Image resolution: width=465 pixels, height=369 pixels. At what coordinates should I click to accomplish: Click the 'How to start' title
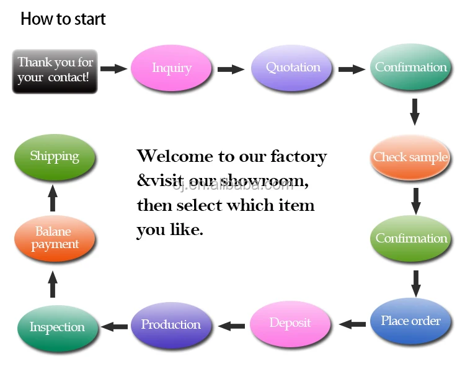[x=63, y=19]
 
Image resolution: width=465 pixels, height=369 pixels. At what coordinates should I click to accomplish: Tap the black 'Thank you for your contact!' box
[x=55, y=71]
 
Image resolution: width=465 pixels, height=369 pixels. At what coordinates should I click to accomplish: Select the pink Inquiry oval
[x=171, y=68]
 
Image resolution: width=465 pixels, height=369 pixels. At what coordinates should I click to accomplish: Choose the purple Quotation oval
[x=293, y=68]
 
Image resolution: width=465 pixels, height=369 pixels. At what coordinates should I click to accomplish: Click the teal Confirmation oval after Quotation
[x=410, y=68]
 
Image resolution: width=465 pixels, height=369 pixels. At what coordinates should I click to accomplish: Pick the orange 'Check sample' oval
[x=410, y=157]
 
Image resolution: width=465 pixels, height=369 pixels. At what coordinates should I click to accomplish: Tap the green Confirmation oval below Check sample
[x=410, y=238]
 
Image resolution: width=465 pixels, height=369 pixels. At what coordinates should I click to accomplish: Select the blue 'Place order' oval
[x=410, y=321]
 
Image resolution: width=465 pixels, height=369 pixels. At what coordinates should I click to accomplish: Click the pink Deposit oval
[x=290, y=323]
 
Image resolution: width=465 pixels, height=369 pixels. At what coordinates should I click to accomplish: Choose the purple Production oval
[x=170, y=325]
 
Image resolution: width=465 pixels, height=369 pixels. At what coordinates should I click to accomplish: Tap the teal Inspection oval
[x=57, y=327]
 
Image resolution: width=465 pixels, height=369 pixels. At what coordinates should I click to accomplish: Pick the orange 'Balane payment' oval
[x=55, y=238]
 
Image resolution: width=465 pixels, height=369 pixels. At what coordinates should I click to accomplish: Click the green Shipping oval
[x=55, y=156]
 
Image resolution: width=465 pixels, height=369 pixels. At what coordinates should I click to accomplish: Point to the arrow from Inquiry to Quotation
[x=231, y=69]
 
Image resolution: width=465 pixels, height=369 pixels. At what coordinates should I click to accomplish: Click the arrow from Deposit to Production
[x=232, y=325]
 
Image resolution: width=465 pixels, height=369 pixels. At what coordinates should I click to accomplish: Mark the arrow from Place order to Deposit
[x=352, y=324]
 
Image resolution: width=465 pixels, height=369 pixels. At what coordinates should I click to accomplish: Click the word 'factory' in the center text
[x=294, y=156]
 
